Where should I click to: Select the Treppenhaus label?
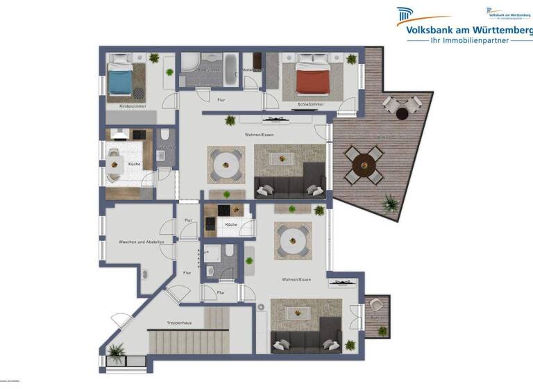179,323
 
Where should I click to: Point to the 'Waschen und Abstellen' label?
141,242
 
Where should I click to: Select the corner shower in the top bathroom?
192,66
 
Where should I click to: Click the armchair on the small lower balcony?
378,306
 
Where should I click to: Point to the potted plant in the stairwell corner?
117,351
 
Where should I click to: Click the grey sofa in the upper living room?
289,186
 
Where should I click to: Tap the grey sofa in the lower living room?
306,341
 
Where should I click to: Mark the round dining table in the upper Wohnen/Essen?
226,165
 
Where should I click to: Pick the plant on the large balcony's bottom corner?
391,204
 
